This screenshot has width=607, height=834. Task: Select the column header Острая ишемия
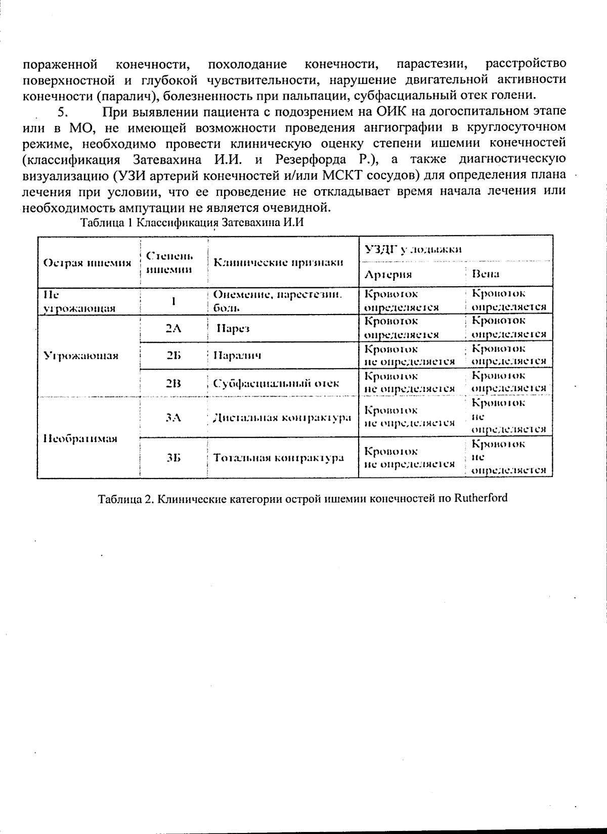click(x=87, y=262)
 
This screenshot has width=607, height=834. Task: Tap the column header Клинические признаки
click(x=279, y=262)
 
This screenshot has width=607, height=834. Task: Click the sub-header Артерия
click(x=388, y=274)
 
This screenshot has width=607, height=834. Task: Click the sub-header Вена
click(x=485, y=274)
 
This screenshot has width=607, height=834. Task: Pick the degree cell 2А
click(x=173, y=328)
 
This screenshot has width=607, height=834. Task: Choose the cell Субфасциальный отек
click(x=276, y=383)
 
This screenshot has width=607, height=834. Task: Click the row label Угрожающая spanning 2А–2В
click(x=81, y=356)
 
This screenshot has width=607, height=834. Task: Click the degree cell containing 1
click(x=173, y=301)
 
